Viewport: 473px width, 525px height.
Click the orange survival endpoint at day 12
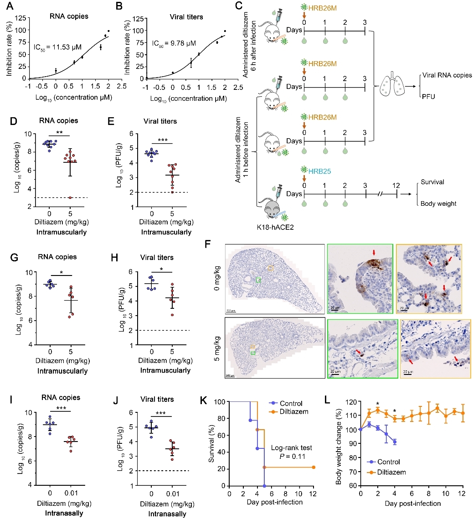[314, 467]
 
